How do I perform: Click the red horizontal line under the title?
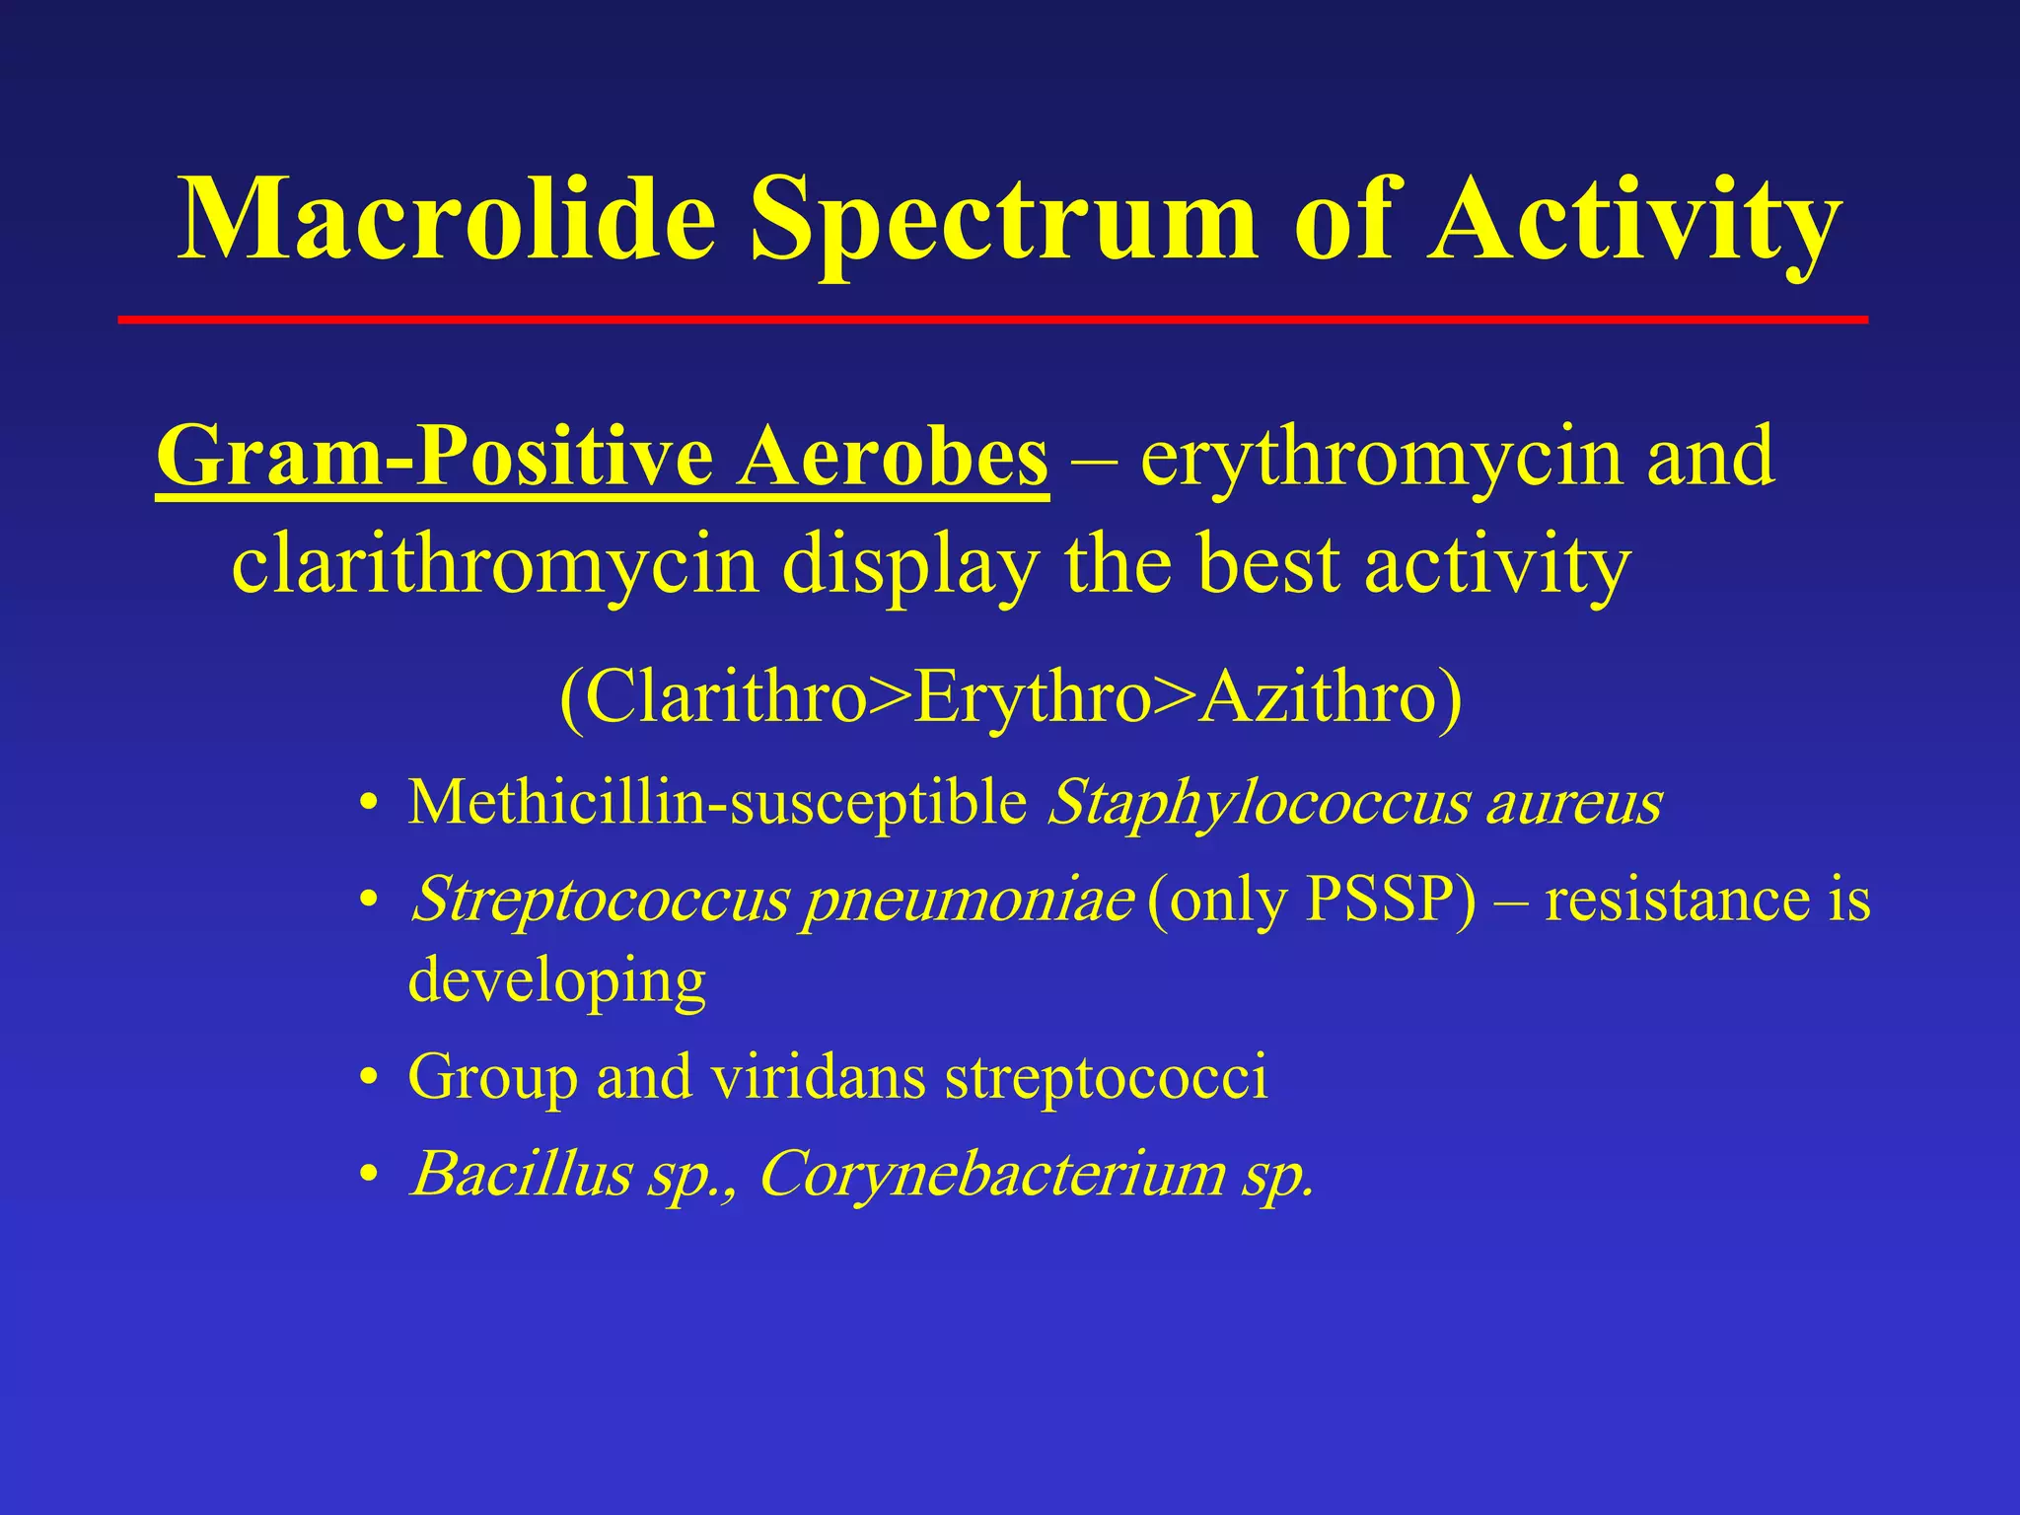coord(992,320)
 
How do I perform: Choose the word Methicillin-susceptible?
coord(718,802)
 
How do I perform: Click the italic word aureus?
coord(1574,802)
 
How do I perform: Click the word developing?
coord(557,980)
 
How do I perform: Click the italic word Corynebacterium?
coord(991,1174)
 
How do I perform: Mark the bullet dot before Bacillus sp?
coord(369,1174)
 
